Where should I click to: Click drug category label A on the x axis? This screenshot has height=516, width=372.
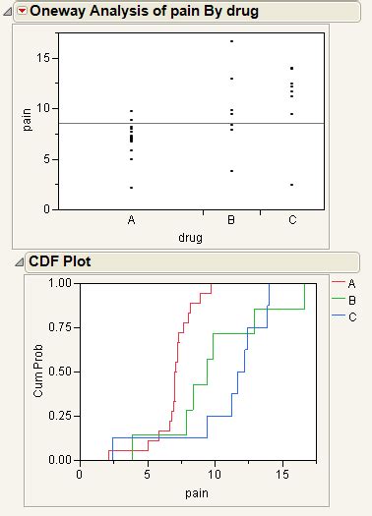coord(131,220)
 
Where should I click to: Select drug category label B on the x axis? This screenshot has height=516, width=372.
coord(231,220)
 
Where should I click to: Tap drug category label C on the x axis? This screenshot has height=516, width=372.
coord(292,220)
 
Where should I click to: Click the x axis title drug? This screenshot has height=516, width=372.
coord(191,237)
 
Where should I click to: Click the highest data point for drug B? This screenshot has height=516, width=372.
coord(231,41)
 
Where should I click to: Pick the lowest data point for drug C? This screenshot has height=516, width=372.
coord(292,185)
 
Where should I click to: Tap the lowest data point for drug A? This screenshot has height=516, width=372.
coord(131,187)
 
